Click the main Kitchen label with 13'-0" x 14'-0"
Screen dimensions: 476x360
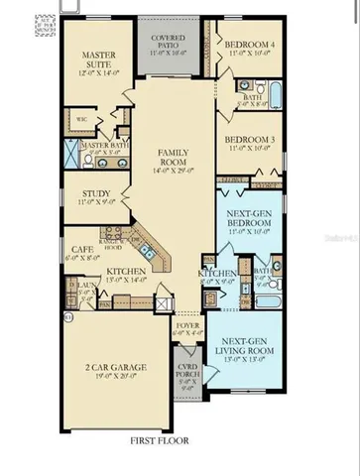(126, 272)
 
